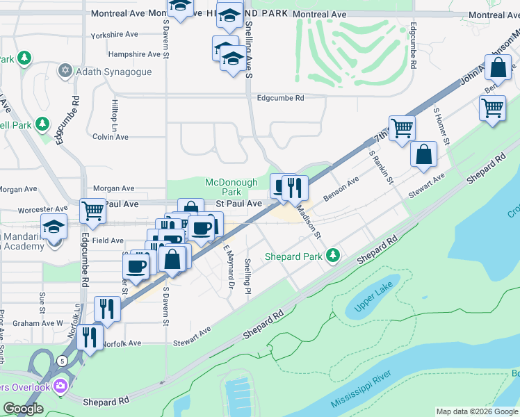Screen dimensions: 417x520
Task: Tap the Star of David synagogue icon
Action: click(x=67, y=70)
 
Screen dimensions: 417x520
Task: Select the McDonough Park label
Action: click(x=222, y=187)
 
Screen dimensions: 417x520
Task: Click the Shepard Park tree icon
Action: click(x=334, y=256)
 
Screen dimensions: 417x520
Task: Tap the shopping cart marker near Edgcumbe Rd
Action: click(x=92, y=210)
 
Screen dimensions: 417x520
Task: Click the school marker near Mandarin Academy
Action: click(x=54, y=227)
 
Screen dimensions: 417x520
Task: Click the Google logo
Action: click(x=22, y=409)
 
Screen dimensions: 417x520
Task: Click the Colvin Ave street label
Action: click(x=111, y=137)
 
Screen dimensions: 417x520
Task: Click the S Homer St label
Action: click(x=442, y=124)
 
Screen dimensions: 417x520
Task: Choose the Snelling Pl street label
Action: click(x=247, y=276)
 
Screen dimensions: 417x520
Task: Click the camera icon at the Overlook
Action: click(x=60, y=385)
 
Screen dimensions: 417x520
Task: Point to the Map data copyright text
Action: click(x=476, y=411)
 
